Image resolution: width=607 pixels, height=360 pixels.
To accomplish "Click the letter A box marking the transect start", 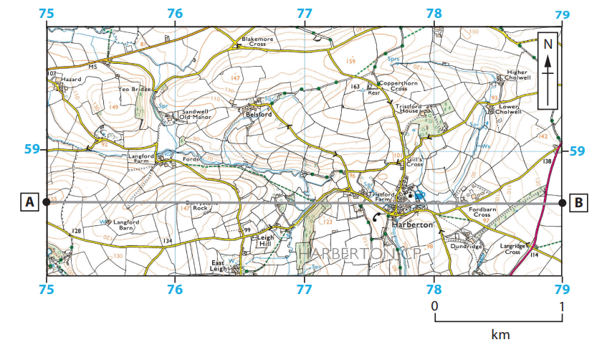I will coord(29,202).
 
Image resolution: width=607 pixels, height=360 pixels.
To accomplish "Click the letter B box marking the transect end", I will coord(578,202).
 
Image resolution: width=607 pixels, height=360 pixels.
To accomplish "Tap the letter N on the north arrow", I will coord(548,44).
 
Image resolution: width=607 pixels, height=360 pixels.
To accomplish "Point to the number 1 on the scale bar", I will coord(562,305).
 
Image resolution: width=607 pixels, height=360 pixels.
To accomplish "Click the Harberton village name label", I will coord(413,224).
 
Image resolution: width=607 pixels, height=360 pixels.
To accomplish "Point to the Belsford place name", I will coord(257,114).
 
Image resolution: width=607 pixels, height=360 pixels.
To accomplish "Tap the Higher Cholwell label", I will coord(516,75).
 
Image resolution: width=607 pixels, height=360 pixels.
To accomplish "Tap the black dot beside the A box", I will coord(47,202).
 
